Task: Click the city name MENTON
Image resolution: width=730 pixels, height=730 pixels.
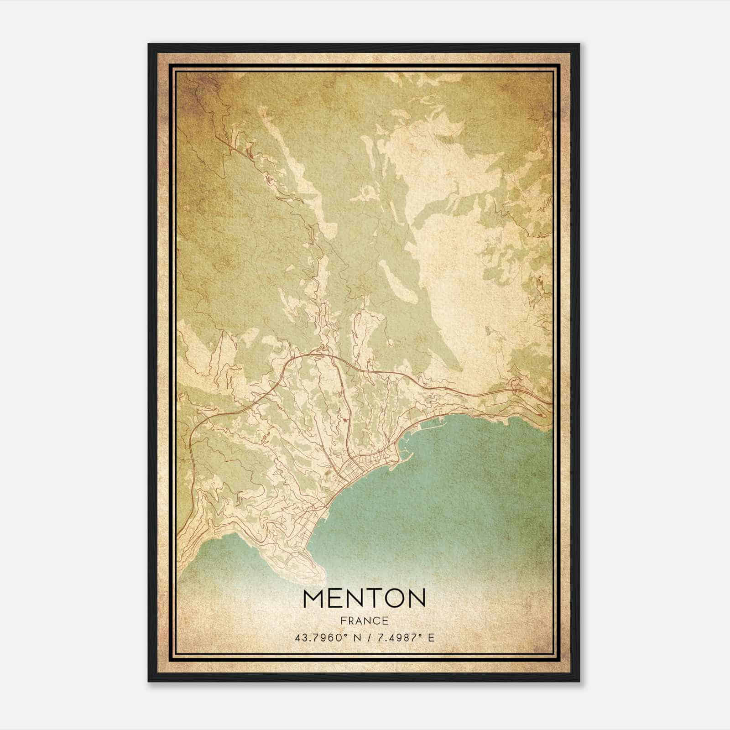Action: [364, 598]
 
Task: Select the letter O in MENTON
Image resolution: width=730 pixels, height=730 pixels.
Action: [394, 598]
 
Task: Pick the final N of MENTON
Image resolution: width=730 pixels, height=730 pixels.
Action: [416, 598]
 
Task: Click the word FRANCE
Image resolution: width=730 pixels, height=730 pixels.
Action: [364, 620]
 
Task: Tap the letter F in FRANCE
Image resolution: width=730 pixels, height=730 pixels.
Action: [343, 620]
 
